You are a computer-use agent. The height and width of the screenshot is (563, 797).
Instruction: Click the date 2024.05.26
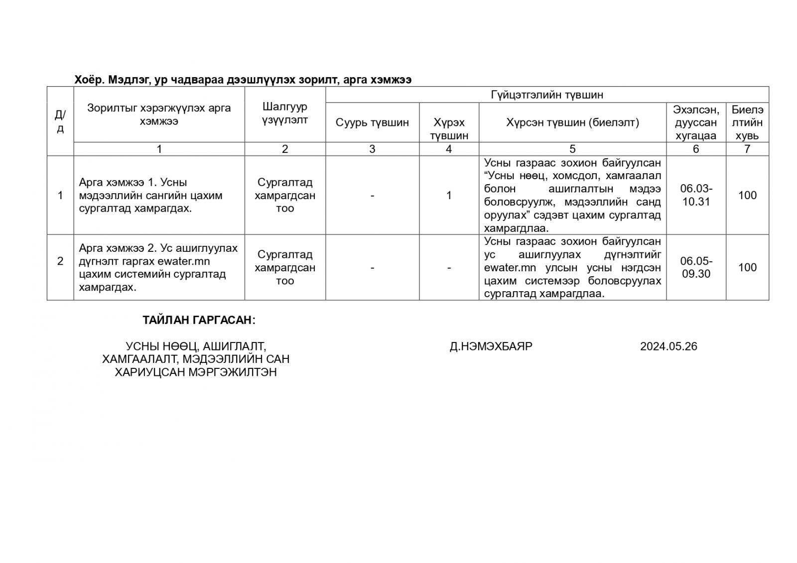pos(668,346)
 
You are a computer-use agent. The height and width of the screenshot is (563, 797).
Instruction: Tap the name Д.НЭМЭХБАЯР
pos(491,346)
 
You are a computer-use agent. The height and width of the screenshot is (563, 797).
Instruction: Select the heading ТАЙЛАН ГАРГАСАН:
pos(199,320)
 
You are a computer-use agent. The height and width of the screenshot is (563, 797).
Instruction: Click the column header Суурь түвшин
pos(372,122)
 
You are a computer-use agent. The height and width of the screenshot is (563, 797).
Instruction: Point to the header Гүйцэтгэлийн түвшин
pos(546,95)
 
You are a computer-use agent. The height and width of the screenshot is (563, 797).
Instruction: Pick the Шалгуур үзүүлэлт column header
pos(285,113)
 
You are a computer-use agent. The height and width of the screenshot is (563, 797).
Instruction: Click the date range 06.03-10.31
pos(696,195)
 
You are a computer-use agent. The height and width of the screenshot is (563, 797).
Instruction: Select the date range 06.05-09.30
pos(696,267)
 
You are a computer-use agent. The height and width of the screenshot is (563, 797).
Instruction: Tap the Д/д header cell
pos(60,121)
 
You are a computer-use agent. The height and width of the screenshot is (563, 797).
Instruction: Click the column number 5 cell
pos(572,149)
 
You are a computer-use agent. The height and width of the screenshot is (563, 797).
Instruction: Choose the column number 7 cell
pos(747,149)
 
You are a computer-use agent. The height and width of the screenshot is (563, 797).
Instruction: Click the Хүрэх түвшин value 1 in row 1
pos(449,195)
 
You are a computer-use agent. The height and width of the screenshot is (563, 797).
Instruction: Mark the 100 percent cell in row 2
pos(747,267)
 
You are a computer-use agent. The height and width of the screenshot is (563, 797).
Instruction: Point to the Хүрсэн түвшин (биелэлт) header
pos(572,122)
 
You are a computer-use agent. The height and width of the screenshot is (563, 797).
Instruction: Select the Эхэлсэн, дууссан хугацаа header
pos(696,122)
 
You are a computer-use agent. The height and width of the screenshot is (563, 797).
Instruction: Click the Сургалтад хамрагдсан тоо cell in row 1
pos(285,195)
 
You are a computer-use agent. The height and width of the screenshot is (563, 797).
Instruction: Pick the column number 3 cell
pos(372,149)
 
